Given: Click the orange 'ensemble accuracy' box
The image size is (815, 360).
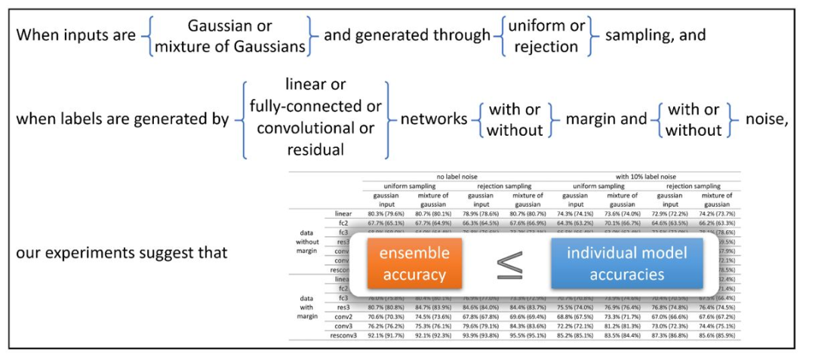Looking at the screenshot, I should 414,263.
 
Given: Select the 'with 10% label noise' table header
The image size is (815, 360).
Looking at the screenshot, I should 646,177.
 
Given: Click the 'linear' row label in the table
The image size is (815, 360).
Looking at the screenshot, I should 343,214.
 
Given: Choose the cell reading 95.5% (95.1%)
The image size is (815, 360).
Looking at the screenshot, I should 527,334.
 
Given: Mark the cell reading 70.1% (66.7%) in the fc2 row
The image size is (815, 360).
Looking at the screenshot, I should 623,223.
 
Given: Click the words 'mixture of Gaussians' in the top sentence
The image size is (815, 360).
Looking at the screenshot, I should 230,46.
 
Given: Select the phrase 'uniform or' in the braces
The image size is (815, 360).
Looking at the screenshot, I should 546,26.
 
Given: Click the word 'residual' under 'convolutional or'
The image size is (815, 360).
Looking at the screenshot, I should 315,149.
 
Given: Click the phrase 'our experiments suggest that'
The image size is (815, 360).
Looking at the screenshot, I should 121,253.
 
